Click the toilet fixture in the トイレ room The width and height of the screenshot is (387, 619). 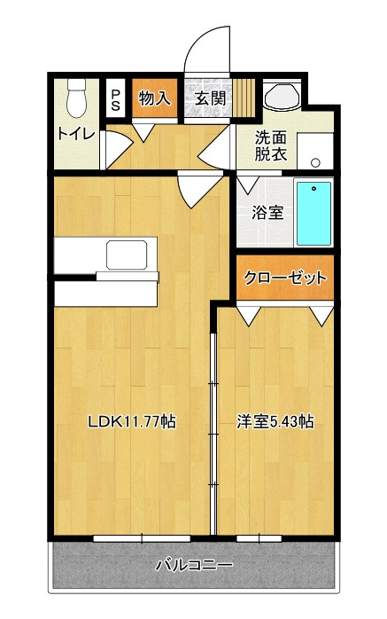tap(76, 98)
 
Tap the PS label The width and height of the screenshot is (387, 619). tap(115, 99)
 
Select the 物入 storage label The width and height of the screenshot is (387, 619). tap(155, 98)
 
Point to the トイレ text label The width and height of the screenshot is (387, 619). tap(76, 134)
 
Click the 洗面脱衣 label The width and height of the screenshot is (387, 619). tap(270, 145)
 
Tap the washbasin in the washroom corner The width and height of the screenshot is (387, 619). tap(283, 95)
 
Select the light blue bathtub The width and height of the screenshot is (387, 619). tap(313, 213)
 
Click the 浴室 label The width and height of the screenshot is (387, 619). tap(267, 213)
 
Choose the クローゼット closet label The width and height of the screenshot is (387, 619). tap(285, 278)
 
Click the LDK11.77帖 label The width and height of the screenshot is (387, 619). tap(131, 422)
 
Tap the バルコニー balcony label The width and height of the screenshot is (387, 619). tap(194, 565)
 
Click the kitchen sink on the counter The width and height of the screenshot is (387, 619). tap(127, 255)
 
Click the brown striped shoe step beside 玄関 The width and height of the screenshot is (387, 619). tap(244, 98)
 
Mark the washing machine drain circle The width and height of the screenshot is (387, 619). tap(315, 162)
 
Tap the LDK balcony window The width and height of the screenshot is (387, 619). tap(142, 538)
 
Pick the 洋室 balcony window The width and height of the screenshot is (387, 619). tap(259, 538)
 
